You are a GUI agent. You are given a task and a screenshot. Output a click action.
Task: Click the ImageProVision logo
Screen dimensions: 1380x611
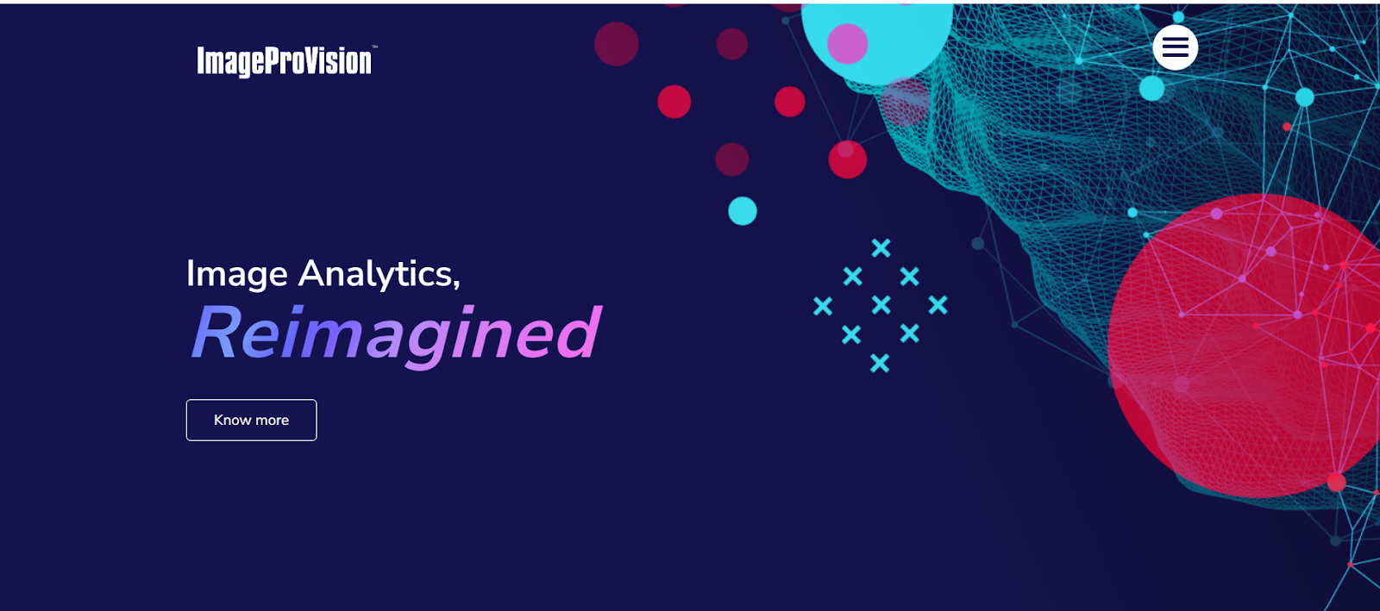285,61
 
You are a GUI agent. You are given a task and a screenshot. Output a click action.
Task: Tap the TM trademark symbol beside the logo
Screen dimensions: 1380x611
374,47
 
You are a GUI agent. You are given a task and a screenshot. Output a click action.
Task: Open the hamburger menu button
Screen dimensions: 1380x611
1175,47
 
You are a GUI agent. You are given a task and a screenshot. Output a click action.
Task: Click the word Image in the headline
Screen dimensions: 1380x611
237,274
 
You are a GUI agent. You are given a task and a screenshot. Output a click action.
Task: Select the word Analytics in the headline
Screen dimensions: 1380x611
379,274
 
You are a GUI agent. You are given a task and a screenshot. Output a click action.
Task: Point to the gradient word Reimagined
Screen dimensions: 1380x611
396,334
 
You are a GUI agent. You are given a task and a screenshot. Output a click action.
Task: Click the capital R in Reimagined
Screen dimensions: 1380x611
216,332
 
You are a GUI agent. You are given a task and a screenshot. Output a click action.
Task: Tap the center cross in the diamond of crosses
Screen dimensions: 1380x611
881,304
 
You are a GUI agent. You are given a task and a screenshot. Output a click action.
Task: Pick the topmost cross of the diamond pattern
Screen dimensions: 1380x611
881,248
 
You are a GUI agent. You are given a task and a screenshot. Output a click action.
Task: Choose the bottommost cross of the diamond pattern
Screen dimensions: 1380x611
880,363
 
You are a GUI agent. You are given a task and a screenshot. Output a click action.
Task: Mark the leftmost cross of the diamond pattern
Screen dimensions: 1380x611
823,306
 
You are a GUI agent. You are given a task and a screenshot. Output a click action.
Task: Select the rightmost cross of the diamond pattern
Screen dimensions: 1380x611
938,304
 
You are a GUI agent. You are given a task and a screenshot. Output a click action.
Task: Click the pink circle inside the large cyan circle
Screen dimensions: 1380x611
848,44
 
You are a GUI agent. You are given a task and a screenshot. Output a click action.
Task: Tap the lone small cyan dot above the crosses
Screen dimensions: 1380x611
743,211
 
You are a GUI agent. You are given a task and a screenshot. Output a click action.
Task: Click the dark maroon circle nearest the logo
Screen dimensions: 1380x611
616,44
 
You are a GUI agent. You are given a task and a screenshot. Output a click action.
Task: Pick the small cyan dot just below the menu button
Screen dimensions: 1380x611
1151,88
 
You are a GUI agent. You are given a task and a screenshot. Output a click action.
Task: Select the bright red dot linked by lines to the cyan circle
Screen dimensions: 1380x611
848,159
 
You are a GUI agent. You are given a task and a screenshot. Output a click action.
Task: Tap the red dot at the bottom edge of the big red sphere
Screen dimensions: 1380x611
1336,482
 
